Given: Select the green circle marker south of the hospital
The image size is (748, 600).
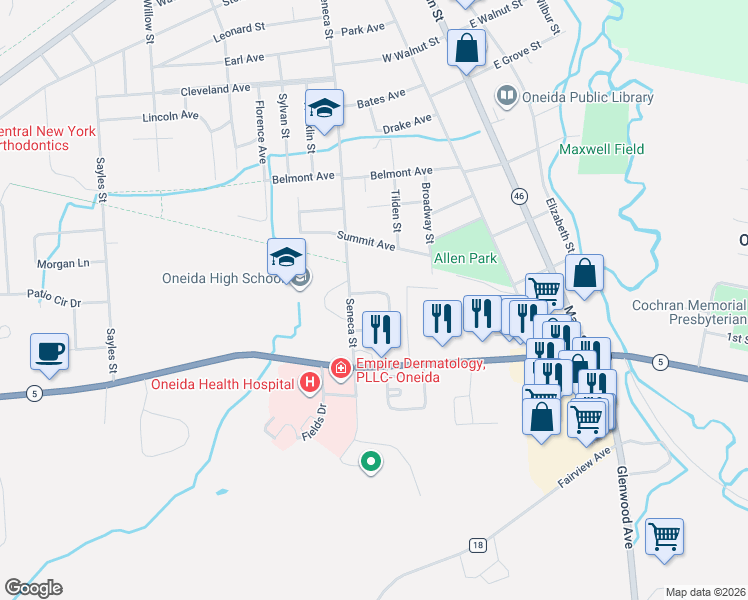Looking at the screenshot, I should click(x=370, y=461).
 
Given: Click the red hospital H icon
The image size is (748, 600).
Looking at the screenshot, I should click(x=311, y=381).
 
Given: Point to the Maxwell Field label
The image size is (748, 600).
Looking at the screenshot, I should click(x=601, y=149).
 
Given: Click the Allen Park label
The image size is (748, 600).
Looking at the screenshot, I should click(x=465, y=258).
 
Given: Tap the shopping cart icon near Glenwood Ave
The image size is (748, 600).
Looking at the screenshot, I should click(x=664, y=537).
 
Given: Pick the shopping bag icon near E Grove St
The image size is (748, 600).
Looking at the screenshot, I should click(x=467, y=47).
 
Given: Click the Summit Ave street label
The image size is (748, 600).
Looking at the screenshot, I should click(x=368, y=244).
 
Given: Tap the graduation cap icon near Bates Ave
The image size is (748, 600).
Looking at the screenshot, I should click(x=325, y=106).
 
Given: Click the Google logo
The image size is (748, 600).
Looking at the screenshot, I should click(x=33, y=588).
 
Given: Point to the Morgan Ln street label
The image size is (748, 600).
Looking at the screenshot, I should click(x=64, y=264).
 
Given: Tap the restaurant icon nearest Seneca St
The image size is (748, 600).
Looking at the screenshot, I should click(x=381, y=328).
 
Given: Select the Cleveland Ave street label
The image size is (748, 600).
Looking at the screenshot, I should click(x=215, y=89).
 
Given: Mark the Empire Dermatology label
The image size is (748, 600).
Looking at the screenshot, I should click(x=418, y=370).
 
